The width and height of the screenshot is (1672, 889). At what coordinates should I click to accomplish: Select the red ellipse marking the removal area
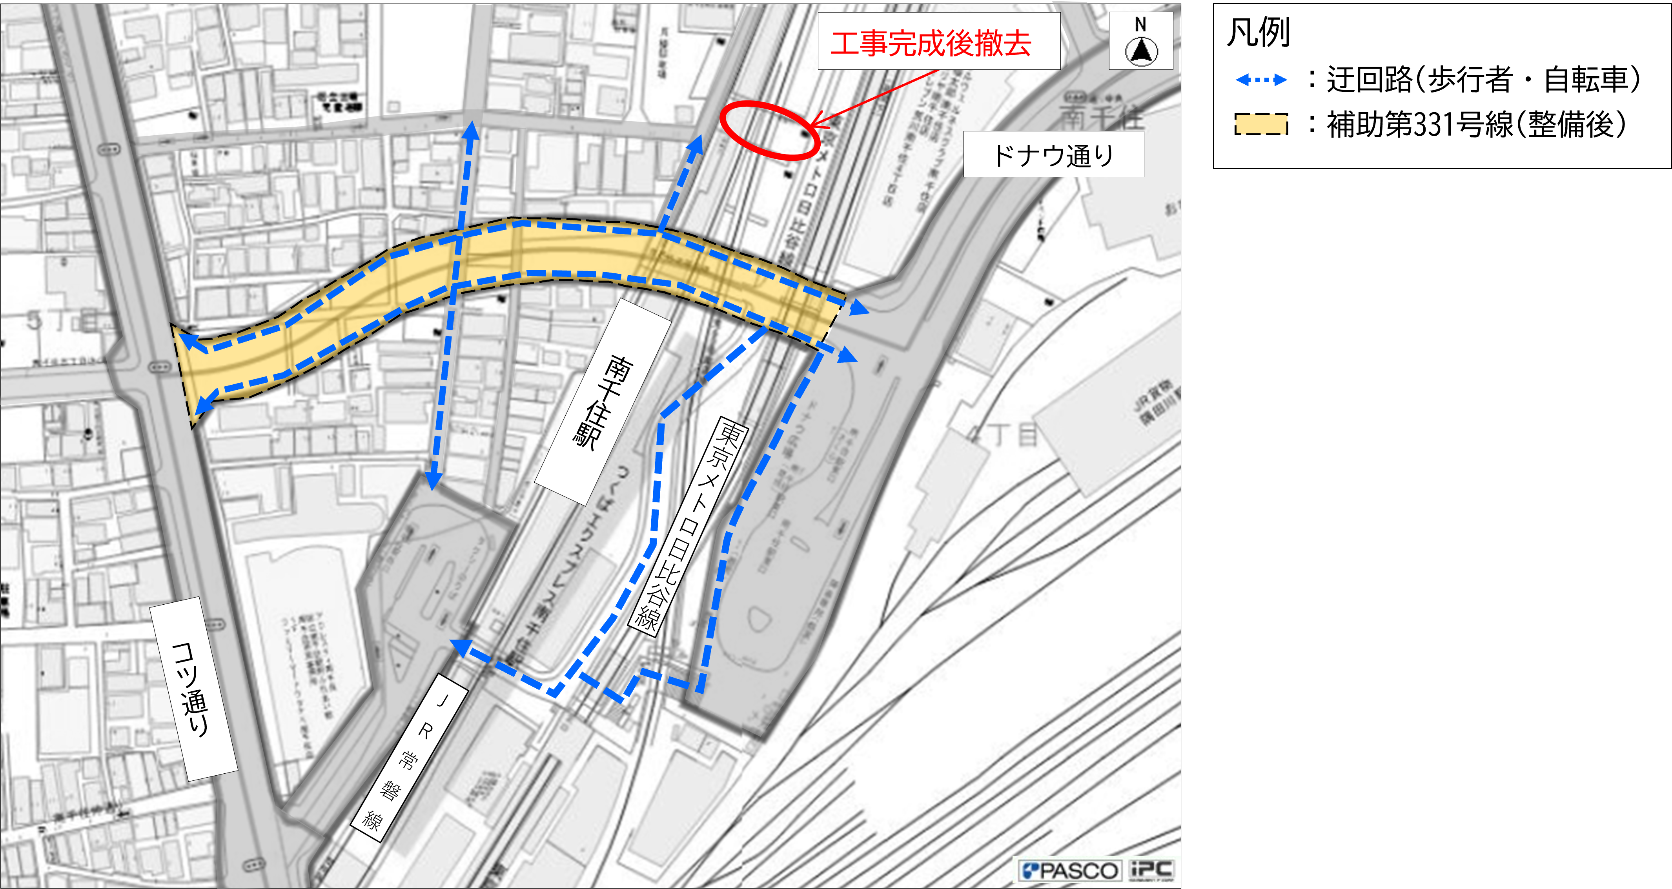tap(769, 131)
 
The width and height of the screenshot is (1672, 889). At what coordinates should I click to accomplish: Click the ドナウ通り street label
tap(1053, 155)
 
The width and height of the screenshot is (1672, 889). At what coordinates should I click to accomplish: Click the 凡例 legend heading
tap(1258, 33)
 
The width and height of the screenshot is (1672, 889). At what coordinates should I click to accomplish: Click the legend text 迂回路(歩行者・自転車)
tap(1483, 80)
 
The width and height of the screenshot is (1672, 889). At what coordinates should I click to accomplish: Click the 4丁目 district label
tap(1002, 435)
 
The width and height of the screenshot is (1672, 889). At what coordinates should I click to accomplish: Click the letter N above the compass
tap(1140, 25)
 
